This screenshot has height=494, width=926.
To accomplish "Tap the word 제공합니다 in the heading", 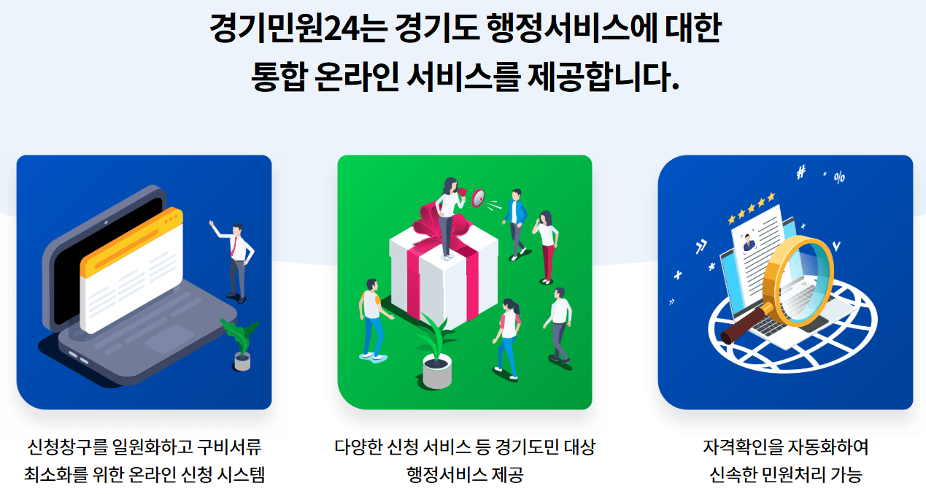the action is [x=601, y=76].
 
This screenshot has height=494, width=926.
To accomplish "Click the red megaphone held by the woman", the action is [x=476, y=196].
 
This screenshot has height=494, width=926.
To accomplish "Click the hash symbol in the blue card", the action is [x=801, y=172].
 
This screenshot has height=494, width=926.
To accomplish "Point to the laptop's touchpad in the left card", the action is [x=169, y=338].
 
